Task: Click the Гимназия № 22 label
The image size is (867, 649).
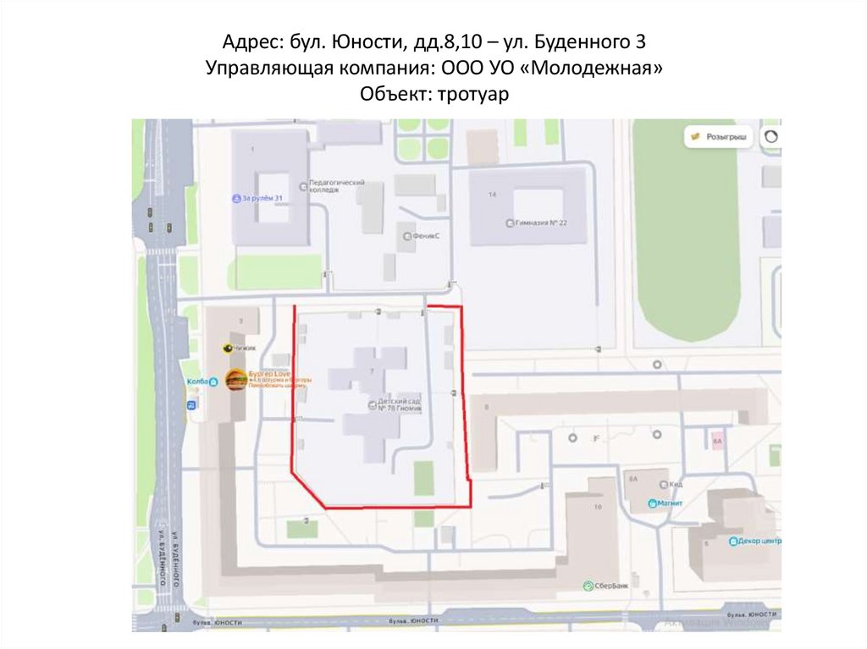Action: click(539, 223)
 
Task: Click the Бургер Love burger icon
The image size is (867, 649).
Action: click(236, 380)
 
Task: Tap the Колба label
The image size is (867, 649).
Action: click(196, 382)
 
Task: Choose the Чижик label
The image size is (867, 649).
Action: click(245, 348)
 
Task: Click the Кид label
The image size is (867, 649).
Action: click(675, 484)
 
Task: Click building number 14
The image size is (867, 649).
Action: click(492, 195)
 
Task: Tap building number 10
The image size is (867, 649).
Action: click(598, 506)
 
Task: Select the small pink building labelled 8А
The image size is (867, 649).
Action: click(717, 442)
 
